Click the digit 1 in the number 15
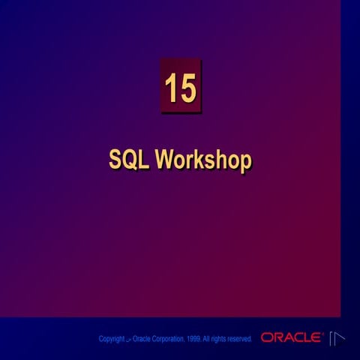point(171,88)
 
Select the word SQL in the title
point(129,160)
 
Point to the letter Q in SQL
point(130,160)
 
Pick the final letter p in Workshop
point(244,162)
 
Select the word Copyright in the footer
point(112,340)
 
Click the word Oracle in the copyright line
point(141,339)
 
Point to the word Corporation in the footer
point(167,340)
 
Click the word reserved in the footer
point(240,339)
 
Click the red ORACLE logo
point(291,338)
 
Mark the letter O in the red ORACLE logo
point(266,338)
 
